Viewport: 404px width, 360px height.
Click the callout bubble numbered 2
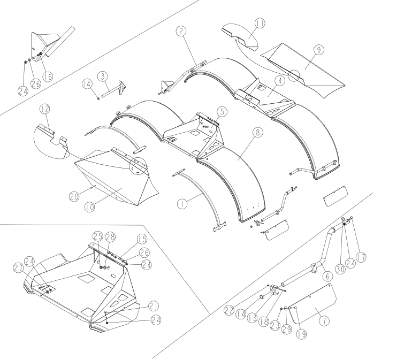click(181, 31)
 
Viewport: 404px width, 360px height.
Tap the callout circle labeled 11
click(260, 23)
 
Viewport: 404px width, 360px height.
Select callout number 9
click(319, 49)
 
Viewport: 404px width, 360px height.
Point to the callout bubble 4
click(280, 81)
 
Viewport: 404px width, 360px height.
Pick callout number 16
click(48, 76)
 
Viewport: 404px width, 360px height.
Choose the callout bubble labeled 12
click(44, 109)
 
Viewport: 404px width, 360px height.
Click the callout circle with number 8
click(258, 132)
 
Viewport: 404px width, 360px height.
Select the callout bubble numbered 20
click(74, 197)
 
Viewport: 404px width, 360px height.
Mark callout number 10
click(90, 207)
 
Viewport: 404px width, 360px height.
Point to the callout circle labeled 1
click(182, 204)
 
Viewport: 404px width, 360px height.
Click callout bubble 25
click(98, 236)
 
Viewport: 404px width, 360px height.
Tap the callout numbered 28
click(110, 237)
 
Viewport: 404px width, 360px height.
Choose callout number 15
click(142, 239)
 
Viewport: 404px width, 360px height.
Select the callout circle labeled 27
click(18, 268)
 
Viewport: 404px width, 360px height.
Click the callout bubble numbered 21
click(154, 306)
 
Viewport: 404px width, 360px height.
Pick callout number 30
click(340, 269)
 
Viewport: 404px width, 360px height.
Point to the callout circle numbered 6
click(327, 277)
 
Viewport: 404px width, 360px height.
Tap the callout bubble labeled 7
click(324, 321)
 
